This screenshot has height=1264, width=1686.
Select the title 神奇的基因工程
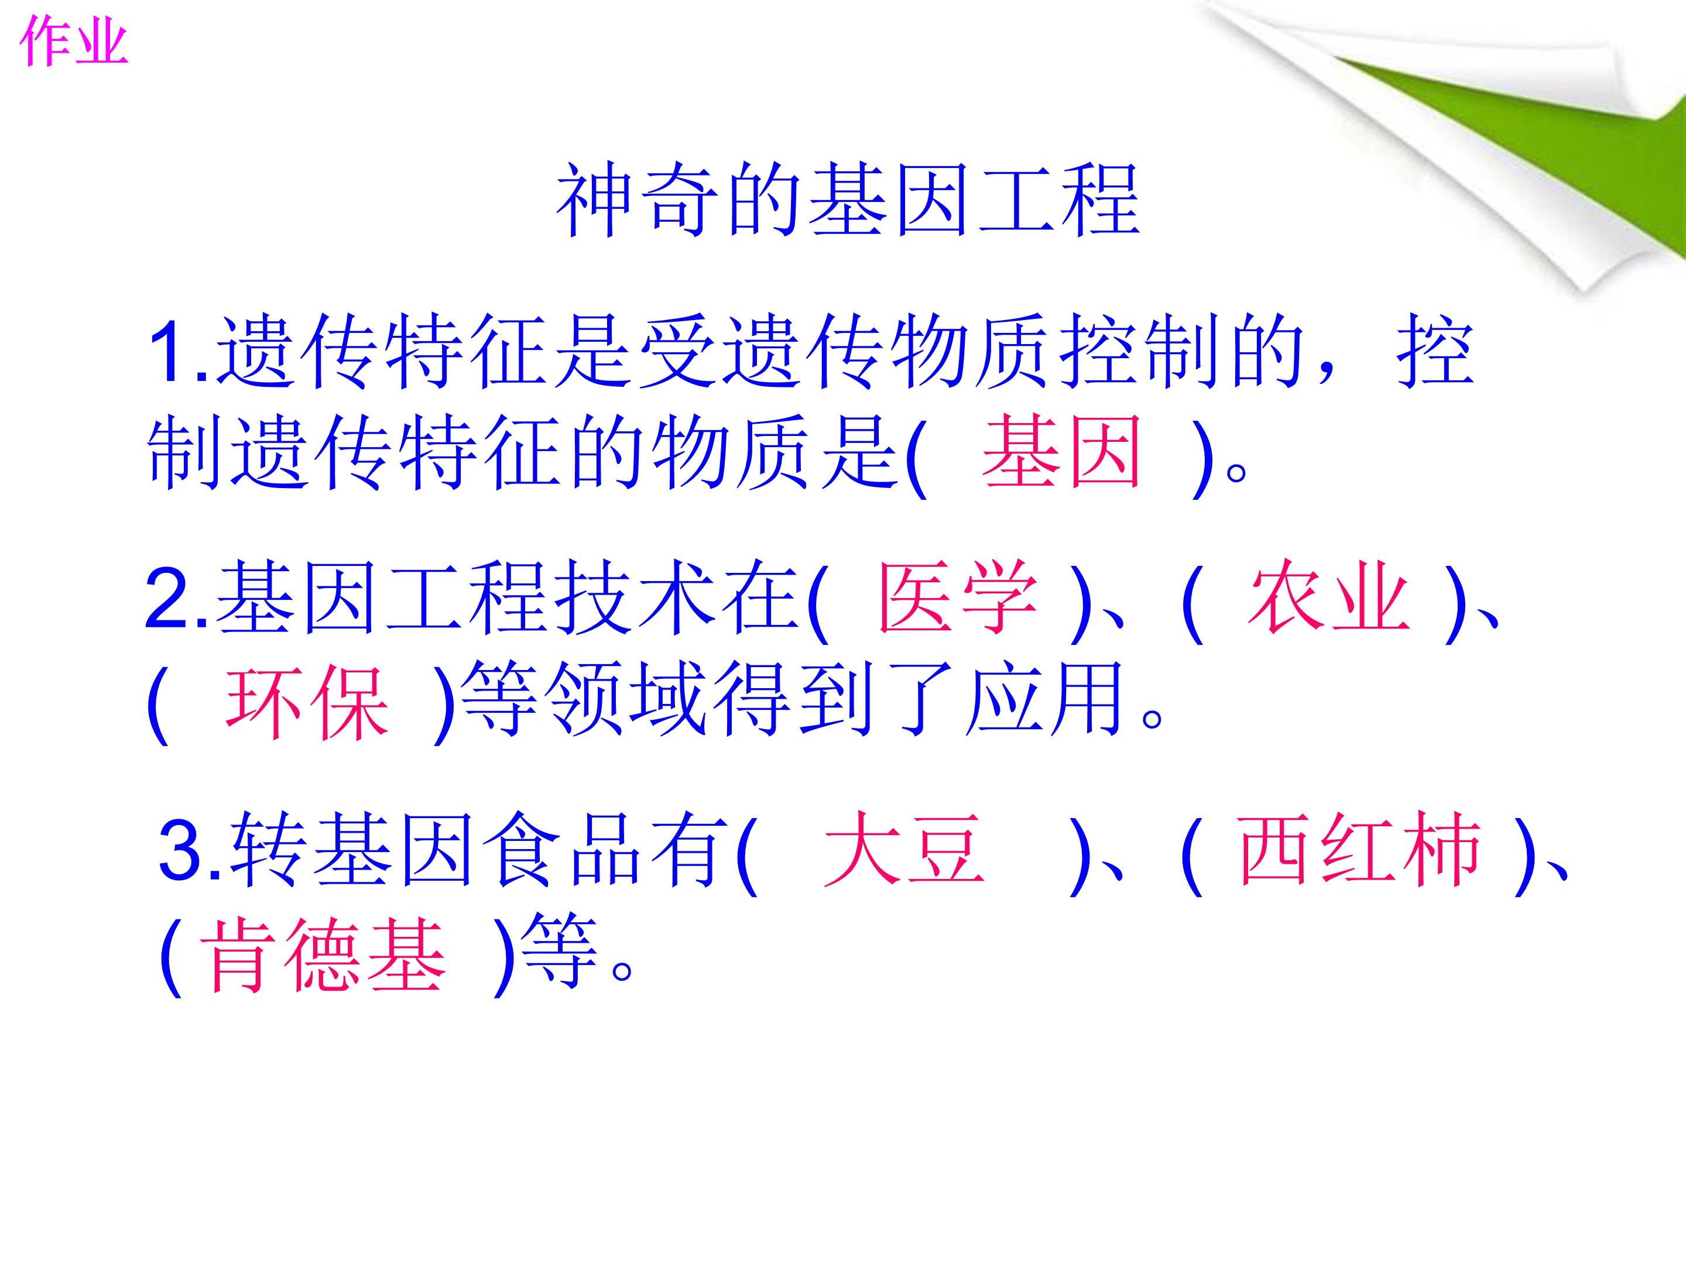point(848,201)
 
